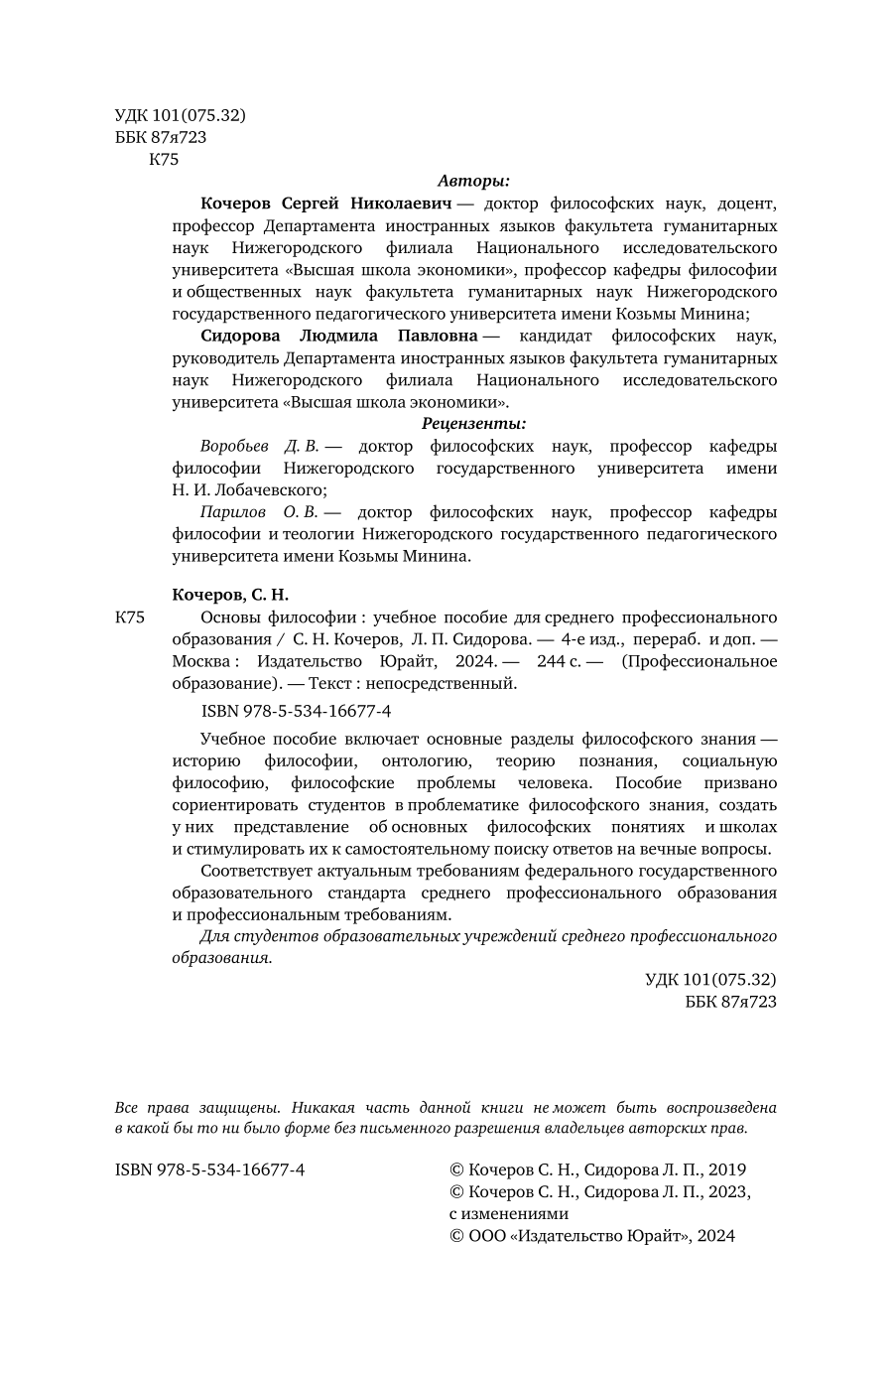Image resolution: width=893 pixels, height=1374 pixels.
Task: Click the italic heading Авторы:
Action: [x=473, y=182]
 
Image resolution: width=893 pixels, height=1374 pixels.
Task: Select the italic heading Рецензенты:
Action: [x=473, y=424]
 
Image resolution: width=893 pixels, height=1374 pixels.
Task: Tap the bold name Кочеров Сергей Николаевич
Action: [x=326, y=205]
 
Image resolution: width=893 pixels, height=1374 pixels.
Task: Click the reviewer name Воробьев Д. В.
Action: [x=257, y=447]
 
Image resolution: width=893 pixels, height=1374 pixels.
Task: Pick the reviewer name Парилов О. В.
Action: [x=257, y=512]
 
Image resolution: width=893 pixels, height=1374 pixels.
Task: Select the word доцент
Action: [x=740, y=205]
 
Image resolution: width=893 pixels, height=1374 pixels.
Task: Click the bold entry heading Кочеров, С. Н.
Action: [x=230, y=596]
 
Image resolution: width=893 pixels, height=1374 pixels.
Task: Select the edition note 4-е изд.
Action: [x=592, y=639]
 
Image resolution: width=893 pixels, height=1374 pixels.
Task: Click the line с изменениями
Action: [x=509, y=1214]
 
